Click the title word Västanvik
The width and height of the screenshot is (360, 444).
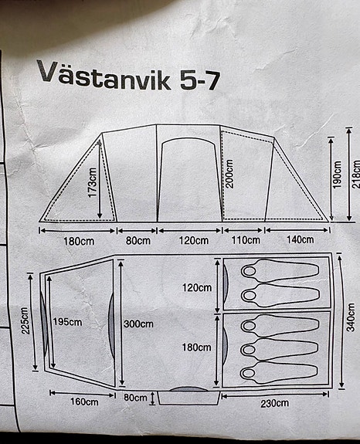[x=104, y=75]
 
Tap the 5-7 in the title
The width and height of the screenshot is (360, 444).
[x=200, y=81]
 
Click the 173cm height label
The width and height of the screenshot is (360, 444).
[x=93, y=183]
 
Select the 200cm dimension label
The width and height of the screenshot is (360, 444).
[x=229, y=174]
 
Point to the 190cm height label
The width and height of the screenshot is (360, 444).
[x=337, y=175]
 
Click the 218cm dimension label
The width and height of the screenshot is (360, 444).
[x=356, y=175]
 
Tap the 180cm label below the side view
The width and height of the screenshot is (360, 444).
[x=79, y=242]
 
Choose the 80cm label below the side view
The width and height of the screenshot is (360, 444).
[x=138, y=241]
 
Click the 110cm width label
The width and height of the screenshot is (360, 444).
[x=246, y=240]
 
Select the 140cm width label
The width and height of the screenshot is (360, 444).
[x=301, y=239]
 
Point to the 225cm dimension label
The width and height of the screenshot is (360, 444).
[x=25, y=320]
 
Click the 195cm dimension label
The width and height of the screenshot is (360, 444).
[x=67, y=322]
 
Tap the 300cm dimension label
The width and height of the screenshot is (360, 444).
[x=138, y=324]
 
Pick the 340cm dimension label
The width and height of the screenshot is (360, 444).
[x=351, y=317]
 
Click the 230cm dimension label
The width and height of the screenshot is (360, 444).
[x=275, y=403]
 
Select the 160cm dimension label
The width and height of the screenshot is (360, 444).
[x=84, y=402]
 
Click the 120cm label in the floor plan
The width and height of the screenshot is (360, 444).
[x=197, y=288]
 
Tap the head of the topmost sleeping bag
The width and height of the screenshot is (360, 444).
[x=250, y=271]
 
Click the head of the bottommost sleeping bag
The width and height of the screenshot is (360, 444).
[x=249, y=373]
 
